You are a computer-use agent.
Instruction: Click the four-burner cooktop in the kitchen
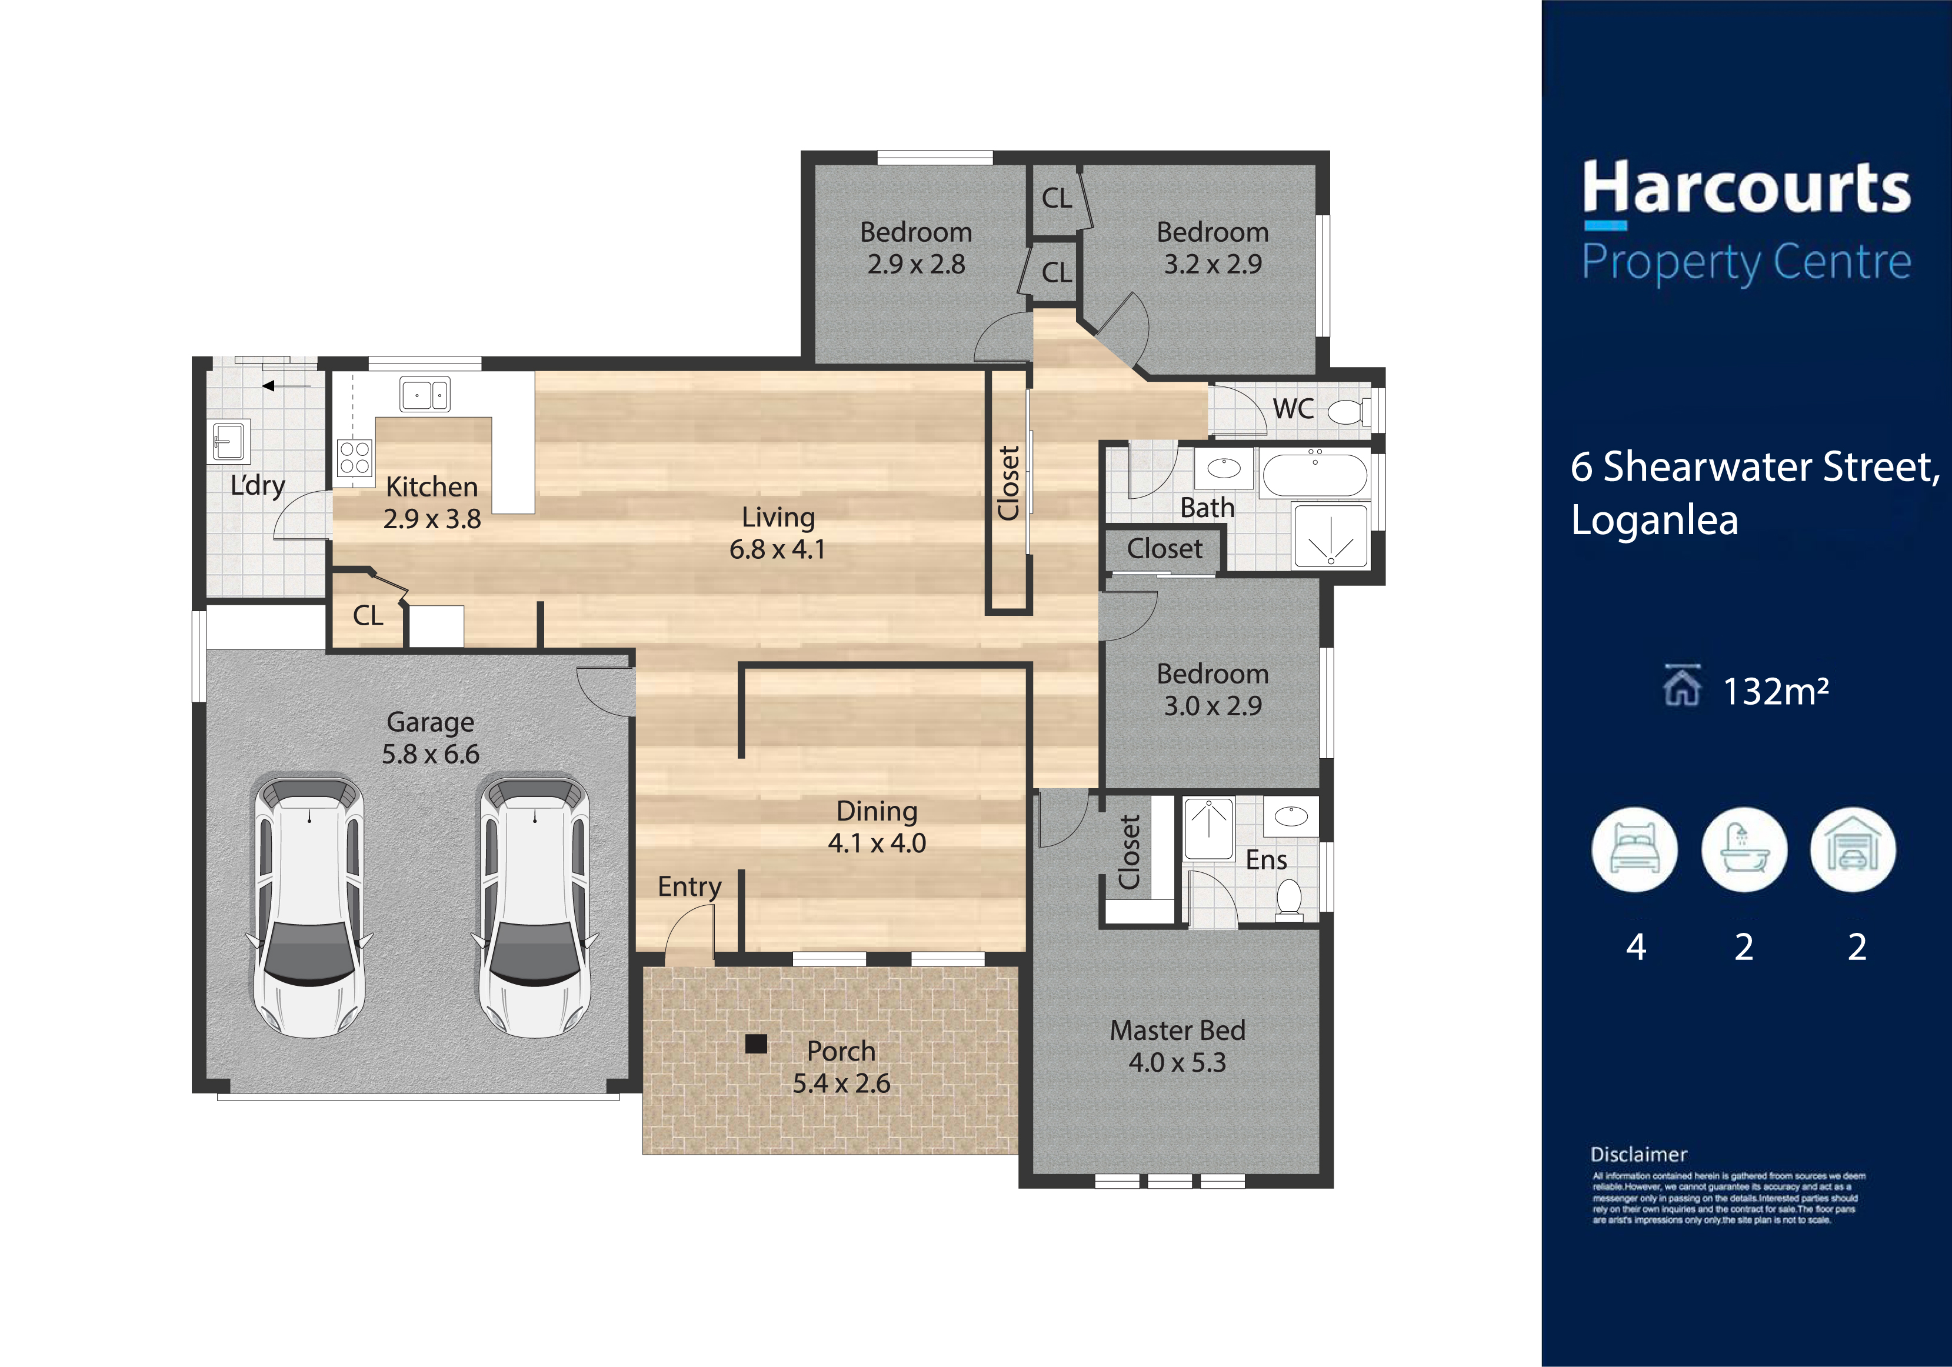tap(355, 456)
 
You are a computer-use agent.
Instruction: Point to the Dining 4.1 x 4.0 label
tap(877, 826)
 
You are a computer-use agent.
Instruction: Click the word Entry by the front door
tap(689, 886)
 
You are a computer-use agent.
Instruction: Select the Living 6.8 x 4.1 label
tap(778, 533)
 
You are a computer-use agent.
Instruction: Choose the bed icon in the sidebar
tap(1634, 849)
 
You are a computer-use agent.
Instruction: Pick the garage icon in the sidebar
tap(1853, 849)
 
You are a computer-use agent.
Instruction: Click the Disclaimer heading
tap(1638, 1155)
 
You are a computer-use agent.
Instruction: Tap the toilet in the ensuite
tap(1290, 899)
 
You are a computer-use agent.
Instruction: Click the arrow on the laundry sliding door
tap(286, 386)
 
